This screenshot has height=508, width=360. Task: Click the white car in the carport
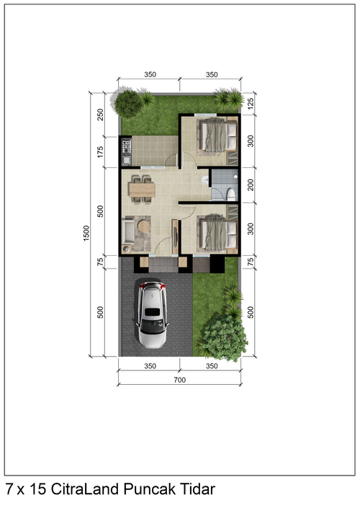[x=152, y=314]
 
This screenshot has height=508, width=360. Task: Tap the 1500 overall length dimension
[x=86, y=233]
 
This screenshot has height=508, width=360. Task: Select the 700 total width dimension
[x=180, y=380]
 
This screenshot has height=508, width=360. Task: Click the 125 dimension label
[x=251, y=103]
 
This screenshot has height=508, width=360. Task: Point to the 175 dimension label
[x=100, y=152]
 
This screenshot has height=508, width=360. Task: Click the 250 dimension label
[x=100, y=115]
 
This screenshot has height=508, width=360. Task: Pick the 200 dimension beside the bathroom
[x=251, y=184]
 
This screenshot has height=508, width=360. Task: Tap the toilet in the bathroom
[x=230, y=194]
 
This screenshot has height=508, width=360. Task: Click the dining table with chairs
[x=142, y=190]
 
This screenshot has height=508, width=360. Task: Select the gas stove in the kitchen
[x=126, y=146]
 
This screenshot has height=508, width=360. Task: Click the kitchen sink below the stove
[x=126, y=160]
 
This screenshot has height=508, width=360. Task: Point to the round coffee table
[x=144, y=226]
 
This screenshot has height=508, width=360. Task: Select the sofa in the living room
[x=128, y=231]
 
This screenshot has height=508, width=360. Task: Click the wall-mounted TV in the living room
[x=176, y=236]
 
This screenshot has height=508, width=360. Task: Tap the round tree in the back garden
[x=129, y=104]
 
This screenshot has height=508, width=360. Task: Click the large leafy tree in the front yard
[x=225, y=338]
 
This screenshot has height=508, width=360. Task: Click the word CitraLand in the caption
[x=85, y=489]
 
